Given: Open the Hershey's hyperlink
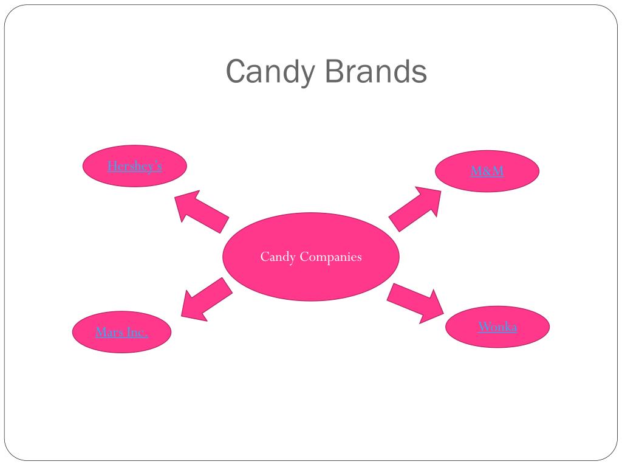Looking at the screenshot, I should pos(134,166).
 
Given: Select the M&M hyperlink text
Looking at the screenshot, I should pos(487,171).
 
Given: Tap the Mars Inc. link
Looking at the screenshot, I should pos(121,332).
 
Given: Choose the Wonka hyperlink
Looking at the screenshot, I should pos(497,327).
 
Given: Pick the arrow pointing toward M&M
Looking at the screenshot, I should pos(415,209).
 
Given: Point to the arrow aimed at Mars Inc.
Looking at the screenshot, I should pos(206,299).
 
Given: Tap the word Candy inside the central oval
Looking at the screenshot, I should pos(278,257).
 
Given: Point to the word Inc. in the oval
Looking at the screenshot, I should pos(137,332).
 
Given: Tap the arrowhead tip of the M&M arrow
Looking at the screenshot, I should pos(440,189).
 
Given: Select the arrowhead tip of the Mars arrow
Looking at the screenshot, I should pos(181,316).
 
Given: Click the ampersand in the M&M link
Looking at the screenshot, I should pos(487,171).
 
